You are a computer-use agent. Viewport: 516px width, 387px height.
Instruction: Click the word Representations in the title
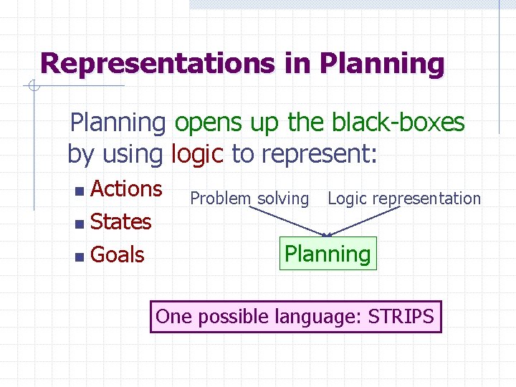155,63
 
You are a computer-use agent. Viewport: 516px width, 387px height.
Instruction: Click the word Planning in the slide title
382,63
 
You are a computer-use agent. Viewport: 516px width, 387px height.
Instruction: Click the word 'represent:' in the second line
319,153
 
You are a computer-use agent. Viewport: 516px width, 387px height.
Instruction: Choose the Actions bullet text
127,188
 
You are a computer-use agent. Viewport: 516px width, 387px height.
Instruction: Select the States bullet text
121,221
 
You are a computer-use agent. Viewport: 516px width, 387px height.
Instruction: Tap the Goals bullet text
118,254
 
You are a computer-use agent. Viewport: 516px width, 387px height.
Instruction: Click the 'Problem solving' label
249,199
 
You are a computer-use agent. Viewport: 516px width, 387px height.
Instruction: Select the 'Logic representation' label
404,199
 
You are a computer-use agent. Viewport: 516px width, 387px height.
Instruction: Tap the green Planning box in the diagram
328,254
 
